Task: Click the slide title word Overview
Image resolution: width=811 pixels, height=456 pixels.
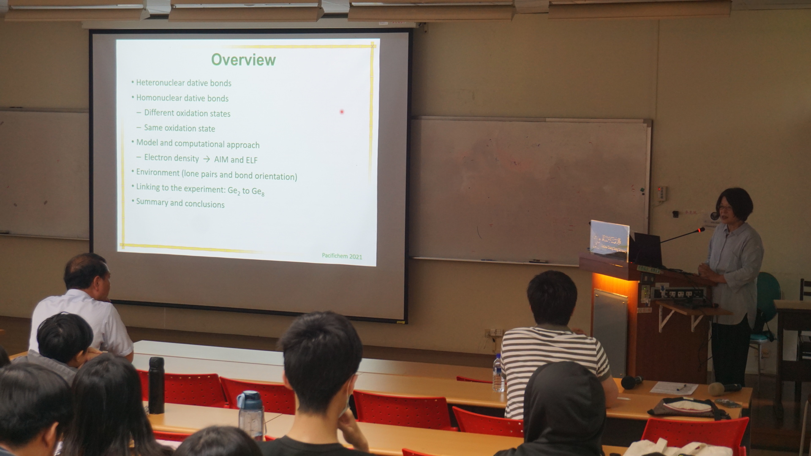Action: tap(243, 60)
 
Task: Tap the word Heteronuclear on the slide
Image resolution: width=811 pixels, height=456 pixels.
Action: tap(161, 83)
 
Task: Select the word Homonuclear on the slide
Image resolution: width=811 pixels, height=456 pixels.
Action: tap(159, 98)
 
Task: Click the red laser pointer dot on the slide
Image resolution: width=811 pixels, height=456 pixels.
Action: tap(342, 112)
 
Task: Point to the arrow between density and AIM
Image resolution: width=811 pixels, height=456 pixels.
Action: tap(207, 160)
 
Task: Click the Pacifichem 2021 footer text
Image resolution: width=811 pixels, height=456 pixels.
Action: tap(342, 256)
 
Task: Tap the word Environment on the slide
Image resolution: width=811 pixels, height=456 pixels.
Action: tap(158, 173)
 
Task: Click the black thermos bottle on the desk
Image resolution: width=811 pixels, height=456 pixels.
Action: tap(156, 385)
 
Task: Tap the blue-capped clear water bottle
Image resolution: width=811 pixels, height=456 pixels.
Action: tap(250, 415)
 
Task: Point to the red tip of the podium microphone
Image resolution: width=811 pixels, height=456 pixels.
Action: tap(702, 230)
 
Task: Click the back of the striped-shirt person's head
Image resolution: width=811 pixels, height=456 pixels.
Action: tap(552, 298)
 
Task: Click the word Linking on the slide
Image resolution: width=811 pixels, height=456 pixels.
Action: tap(148, 187)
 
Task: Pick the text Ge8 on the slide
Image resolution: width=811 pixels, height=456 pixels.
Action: tap(258, 192)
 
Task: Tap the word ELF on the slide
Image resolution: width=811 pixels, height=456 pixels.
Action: tap(251, 160)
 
